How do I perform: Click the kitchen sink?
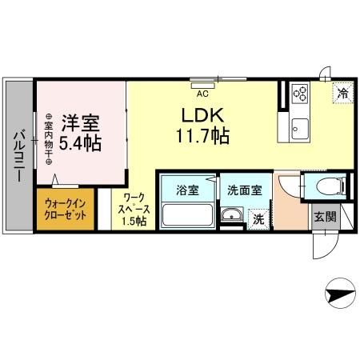(x=299, y=126)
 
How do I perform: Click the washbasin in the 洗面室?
(x=232, y=214)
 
